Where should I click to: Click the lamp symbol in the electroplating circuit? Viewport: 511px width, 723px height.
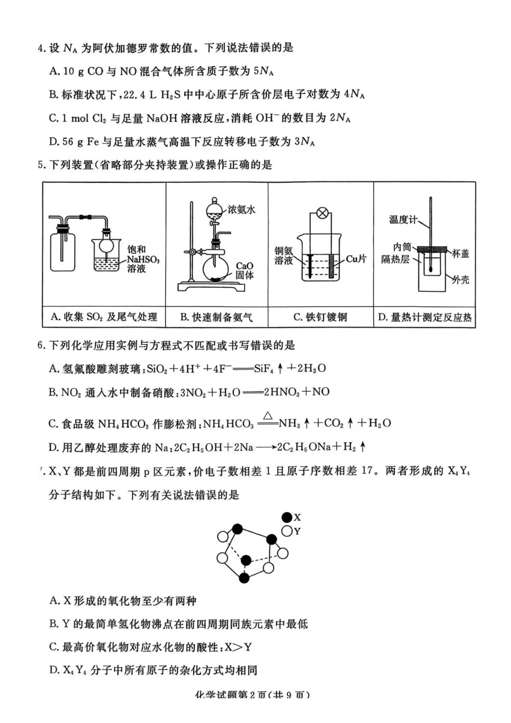point(322,212)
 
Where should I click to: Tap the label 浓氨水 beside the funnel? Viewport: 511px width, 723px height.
point(241,209)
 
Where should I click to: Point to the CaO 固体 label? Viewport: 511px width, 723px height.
point(244,271)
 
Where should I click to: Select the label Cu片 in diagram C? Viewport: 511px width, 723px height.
point(356,259)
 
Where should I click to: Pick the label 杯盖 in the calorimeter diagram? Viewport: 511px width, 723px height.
point(460,253)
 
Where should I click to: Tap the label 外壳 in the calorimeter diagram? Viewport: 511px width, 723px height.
point(460,280)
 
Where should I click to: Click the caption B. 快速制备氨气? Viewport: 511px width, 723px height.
point(216,317)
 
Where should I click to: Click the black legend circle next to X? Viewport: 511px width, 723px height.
point(287,518)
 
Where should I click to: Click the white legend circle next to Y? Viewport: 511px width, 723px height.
point(287,531)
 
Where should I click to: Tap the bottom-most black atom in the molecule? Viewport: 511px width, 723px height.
point(244,578)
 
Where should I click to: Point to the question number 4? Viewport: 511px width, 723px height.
point(40,48)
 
